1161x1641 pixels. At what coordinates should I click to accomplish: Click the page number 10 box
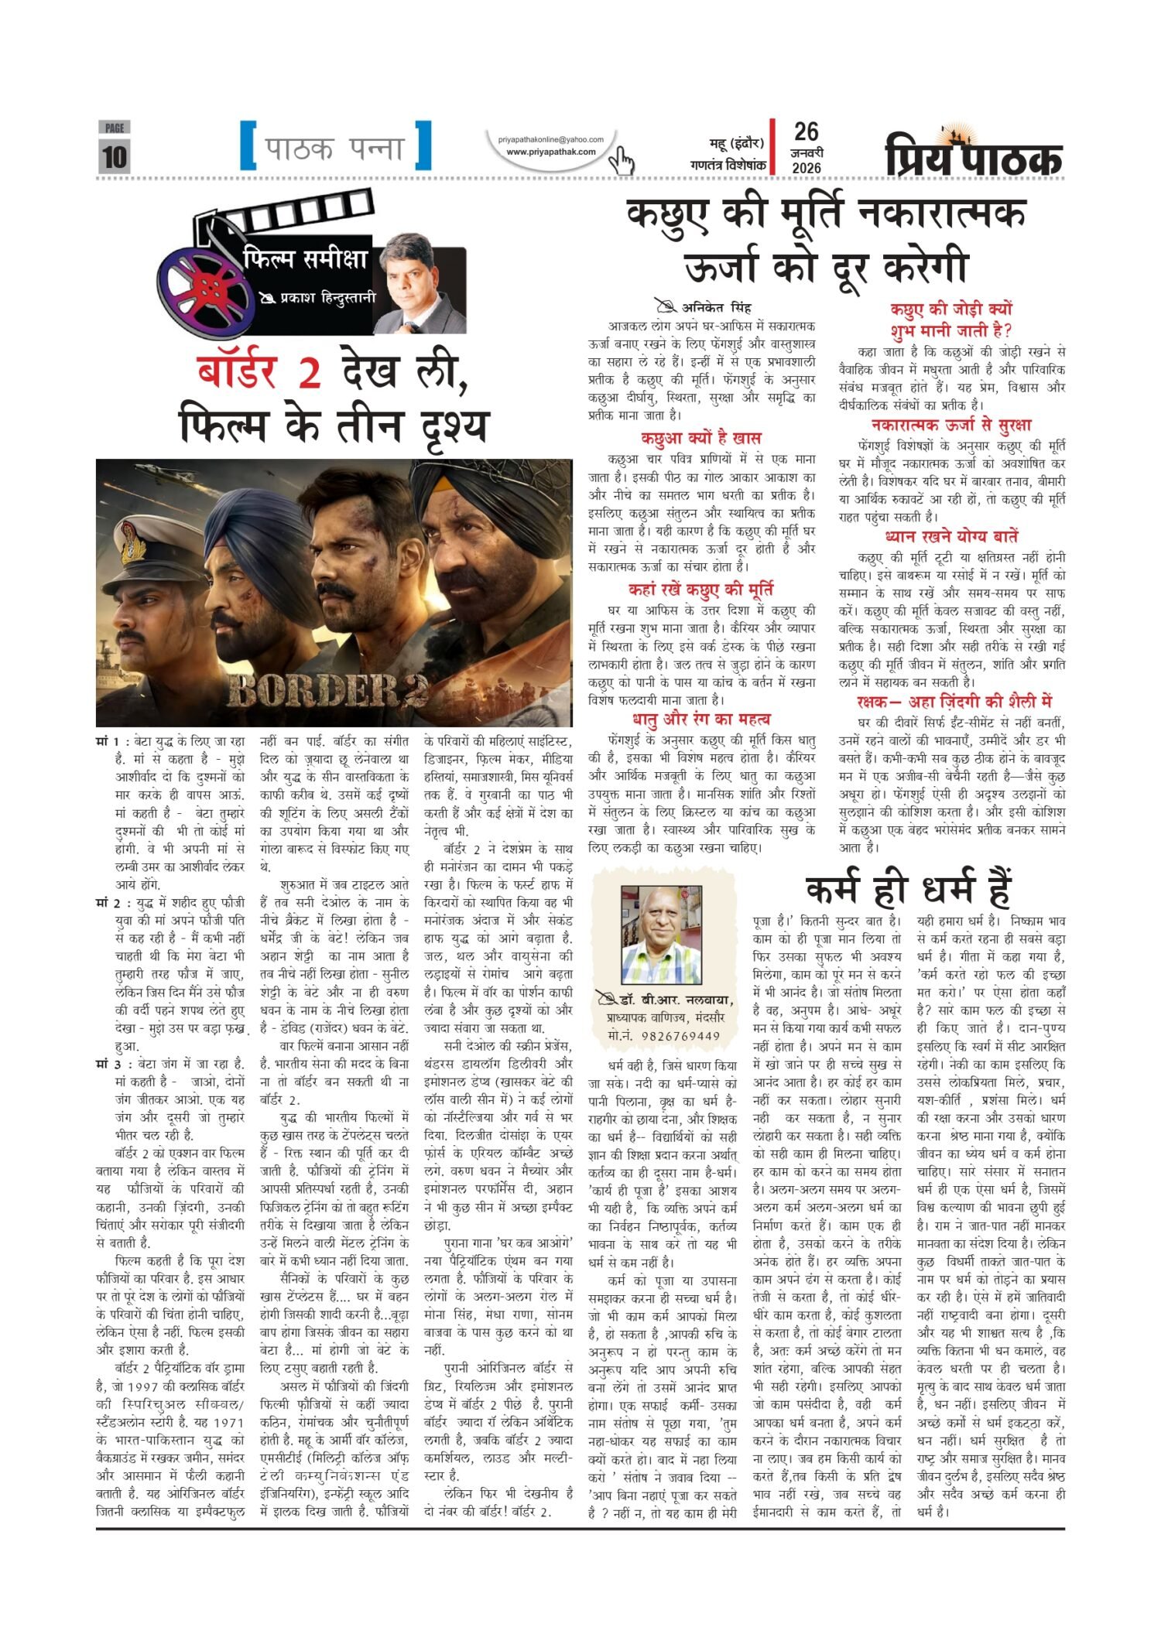pos(115,156)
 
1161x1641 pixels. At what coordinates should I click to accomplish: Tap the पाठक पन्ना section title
pos(334,147)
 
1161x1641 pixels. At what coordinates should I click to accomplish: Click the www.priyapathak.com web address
pos(550,152)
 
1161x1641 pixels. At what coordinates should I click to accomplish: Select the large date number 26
pos(806,132)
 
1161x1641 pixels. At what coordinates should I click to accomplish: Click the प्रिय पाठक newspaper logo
pos(974,154)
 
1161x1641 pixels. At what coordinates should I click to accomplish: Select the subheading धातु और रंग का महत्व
pos(701,719)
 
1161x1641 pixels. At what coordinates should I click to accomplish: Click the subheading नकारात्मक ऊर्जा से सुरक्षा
pos(950,424)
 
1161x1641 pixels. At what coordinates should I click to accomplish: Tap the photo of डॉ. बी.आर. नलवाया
pos(661,935)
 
